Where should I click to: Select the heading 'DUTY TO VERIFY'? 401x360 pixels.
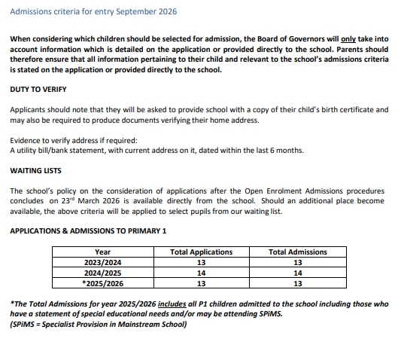click(41, 89)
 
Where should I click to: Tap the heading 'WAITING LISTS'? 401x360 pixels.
click(35, 171)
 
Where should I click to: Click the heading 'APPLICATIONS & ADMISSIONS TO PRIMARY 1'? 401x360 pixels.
click(88, 230)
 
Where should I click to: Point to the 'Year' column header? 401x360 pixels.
click(103, 252)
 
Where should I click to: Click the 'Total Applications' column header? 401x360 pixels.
click(201, 252)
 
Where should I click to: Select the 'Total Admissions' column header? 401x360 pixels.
click(298, 252)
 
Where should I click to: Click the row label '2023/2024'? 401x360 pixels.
click(103, 263)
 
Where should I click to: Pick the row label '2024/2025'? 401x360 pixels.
click(103, 273)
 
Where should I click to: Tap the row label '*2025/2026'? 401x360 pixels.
click(103, 284)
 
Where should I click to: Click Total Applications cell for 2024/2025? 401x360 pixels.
click(201, 273)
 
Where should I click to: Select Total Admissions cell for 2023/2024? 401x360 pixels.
click(298, 263)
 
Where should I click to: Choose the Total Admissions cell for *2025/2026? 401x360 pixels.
click(298, 284)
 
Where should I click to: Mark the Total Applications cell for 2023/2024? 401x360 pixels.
click(201, 263)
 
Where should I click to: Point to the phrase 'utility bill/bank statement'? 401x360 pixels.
click(58, 151)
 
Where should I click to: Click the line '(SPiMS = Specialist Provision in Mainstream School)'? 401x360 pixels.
click(99, 325)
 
